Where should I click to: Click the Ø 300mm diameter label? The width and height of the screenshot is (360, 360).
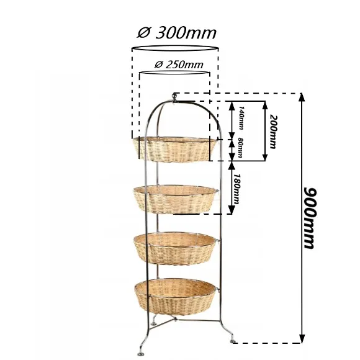pyautogui.click(x=176, y=34)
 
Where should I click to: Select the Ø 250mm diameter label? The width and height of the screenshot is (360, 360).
pyautogui.click(x=179, y=65)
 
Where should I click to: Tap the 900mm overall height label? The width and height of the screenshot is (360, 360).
pyautogui.click(x=310, y=218)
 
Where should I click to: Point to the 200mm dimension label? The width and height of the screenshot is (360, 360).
pyautogui.click(x=272, y=132)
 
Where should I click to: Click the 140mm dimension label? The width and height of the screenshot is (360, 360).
pyautogui.click(x=241, y=117)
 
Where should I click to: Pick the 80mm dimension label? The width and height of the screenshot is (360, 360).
pyautogui.click(x=240, y=147)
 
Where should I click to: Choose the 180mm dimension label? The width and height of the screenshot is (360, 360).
pyautogui.click(x=236, y=189)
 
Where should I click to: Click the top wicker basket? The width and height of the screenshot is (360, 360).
pyautogui.click(x=174, y=149)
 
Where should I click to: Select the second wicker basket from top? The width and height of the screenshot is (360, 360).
pyautogui.click(x=176, y=199)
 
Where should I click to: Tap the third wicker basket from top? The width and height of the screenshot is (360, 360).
pyautogui.click(x=175, y=248)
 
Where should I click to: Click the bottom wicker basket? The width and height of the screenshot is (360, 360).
pyautogui.click(x=175, y=297)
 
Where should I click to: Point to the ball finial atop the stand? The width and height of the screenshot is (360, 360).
pyautogui.click(x=175, y=96)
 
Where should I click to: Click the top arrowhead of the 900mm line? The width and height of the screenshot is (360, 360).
pyautogui.click(x=302, y=97)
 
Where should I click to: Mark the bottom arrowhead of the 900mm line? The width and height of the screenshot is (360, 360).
pyautogui.click(x=302, y=339)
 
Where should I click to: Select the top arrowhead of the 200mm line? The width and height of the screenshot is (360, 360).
pyautogui.click(x=265, y=105)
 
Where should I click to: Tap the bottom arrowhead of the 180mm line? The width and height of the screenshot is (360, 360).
pyautogui.click(x=232, y=210)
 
